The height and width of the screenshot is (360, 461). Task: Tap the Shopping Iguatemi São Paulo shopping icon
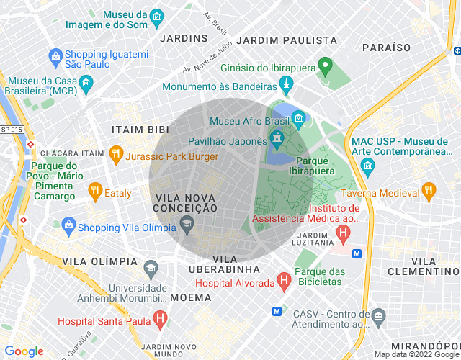point(55,55)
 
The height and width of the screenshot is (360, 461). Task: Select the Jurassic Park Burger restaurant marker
point(115,153)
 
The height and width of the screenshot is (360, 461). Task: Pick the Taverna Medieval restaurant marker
point(429,191)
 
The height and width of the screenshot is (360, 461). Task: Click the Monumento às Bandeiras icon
point(287,86)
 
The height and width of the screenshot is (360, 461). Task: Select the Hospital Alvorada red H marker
point(284,279)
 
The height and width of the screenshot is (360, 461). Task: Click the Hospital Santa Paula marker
point(160,318)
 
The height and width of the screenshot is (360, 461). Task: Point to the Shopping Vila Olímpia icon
point(68,225)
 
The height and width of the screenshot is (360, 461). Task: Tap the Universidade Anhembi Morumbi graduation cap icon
point(151,269)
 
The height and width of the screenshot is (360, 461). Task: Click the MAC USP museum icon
point(369,168)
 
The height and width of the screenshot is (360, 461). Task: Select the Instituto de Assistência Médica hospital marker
point(343,234)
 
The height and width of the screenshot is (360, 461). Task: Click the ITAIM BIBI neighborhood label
point(140,129)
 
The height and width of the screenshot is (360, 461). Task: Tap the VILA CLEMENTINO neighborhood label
point(422,266)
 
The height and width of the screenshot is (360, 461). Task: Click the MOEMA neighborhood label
point(191,297)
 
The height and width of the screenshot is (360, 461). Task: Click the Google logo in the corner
point(24,351)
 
